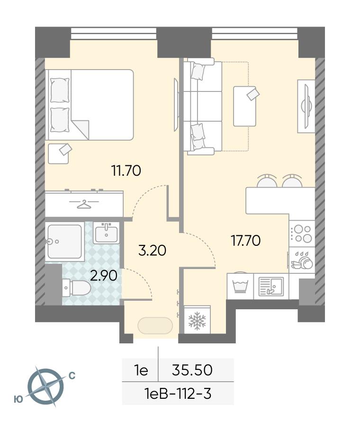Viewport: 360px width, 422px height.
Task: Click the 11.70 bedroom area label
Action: point(126,171)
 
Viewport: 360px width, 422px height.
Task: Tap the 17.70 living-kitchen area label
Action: point(246,240)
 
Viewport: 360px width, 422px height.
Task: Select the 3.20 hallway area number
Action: point(152,250)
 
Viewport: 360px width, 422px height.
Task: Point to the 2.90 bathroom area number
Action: point(104,276)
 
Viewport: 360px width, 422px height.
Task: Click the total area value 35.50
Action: point(192,370)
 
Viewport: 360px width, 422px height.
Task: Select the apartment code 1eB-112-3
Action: point(178,394)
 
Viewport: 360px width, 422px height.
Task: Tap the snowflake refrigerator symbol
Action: point(197,321)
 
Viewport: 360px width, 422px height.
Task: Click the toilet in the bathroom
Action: point(76,287)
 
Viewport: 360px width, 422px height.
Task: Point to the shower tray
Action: point(64,242)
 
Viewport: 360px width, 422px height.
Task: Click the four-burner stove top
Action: point(302,233)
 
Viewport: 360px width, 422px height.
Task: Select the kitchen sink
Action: point(271,287)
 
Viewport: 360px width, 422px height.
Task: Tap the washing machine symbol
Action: point(240,287)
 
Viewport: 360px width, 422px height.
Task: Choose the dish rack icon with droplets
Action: point(302,260)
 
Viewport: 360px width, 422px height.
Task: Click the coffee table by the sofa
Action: point(244,106)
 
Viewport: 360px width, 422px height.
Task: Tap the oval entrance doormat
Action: point(155,326)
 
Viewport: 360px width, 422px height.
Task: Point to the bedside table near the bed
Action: point(58,153)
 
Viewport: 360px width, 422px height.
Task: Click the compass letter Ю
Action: point(18,400)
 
